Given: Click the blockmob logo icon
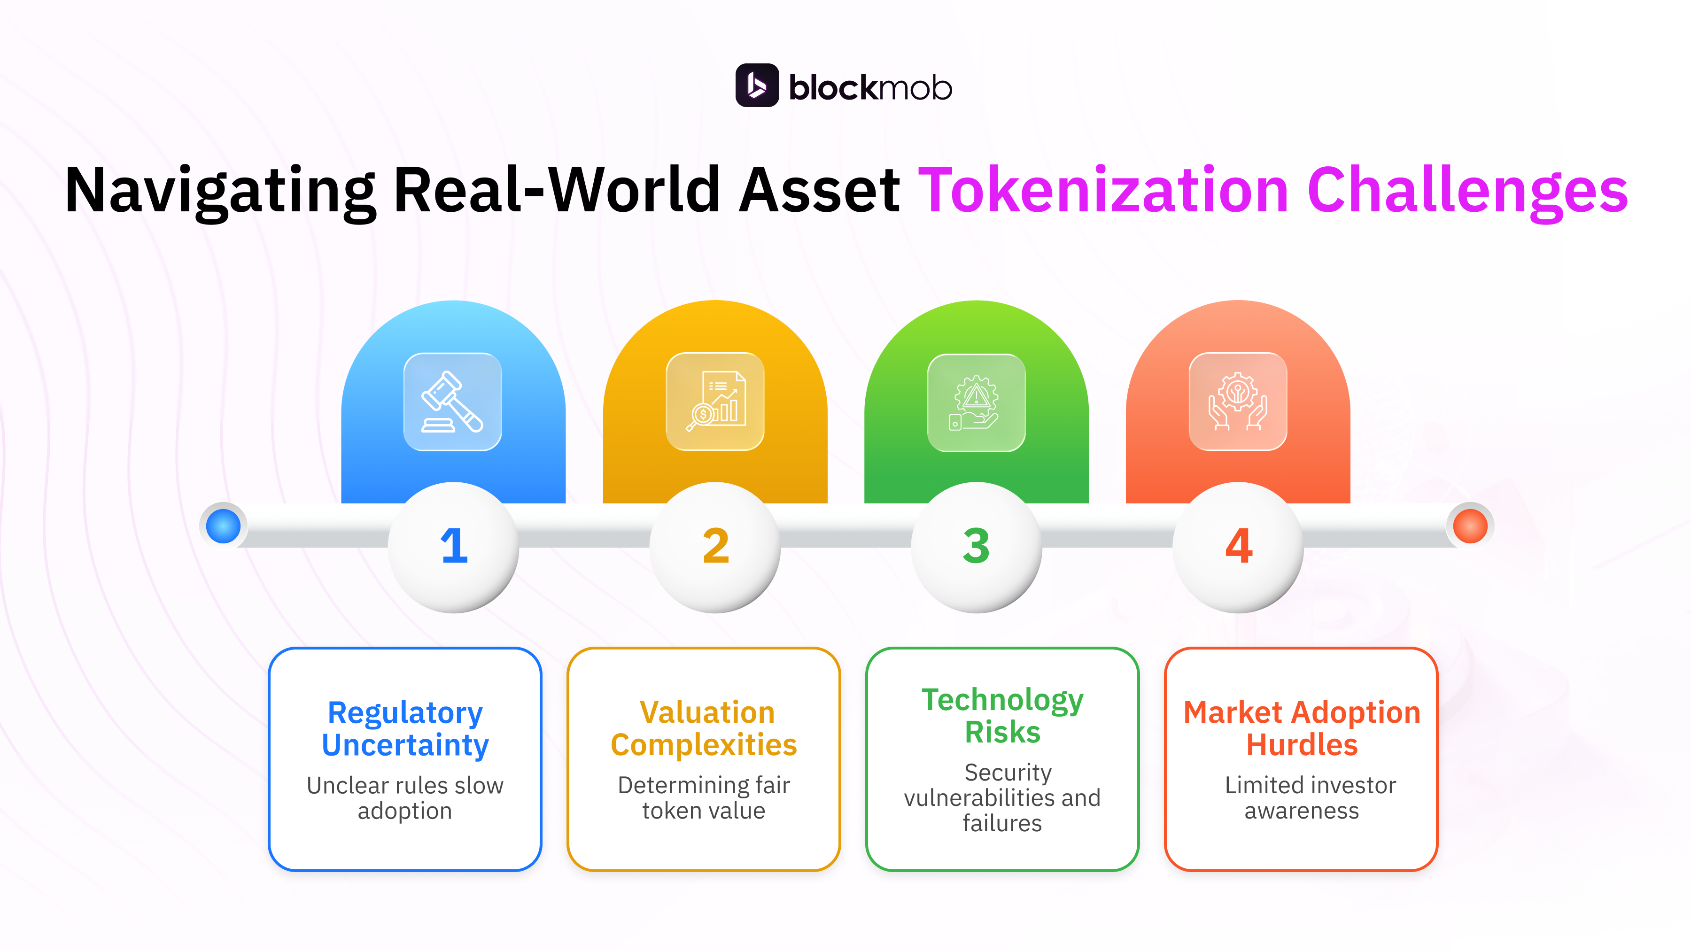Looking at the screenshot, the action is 757,85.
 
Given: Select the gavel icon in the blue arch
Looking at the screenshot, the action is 452,402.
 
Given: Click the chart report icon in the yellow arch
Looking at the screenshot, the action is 715,402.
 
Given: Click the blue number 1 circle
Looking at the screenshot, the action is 454,546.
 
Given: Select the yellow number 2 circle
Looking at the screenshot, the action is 715,546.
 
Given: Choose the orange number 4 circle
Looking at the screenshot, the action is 1238,546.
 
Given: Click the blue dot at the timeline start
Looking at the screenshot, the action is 223,526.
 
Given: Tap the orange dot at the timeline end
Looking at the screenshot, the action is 1470,526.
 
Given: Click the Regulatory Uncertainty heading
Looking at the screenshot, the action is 405,728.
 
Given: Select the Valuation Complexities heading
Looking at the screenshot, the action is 704,728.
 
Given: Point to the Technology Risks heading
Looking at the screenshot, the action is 1002,715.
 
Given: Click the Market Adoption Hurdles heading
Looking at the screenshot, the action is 1301,728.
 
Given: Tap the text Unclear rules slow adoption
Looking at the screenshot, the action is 405,798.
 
